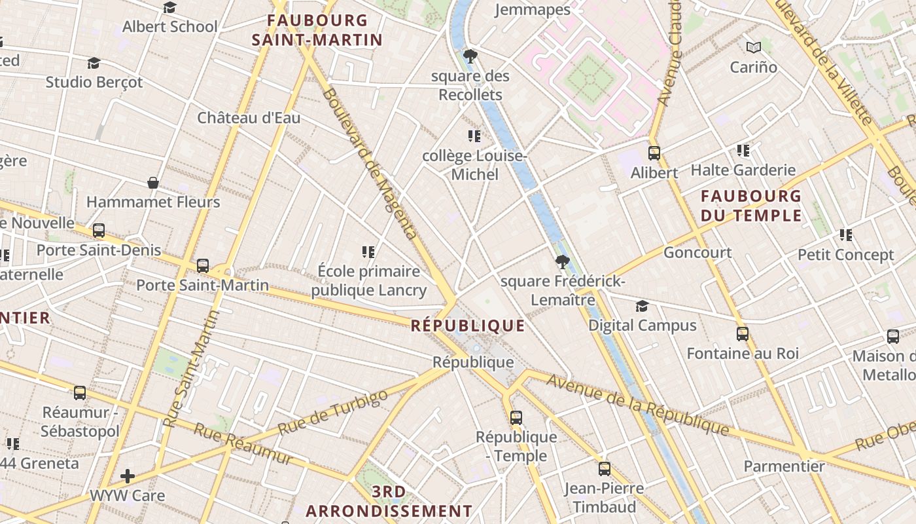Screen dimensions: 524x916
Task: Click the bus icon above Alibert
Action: pos(654,153)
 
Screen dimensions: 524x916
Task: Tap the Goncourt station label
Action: pos(697,252)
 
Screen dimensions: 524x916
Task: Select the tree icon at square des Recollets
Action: pos(470,56)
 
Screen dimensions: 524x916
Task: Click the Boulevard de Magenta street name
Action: pos(370,164)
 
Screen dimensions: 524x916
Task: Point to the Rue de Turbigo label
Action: pos(332,413)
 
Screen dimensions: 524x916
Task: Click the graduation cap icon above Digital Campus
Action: pos(642,307)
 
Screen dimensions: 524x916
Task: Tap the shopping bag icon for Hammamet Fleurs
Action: pos(153,183)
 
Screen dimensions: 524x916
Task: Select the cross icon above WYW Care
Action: pos(128,476)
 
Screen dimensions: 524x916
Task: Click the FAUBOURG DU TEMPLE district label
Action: pos(751,206)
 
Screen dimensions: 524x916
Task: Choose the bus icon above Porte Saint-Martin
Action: pos(203,266)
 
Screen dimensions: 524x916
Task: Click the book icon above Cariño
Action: pos(754,48)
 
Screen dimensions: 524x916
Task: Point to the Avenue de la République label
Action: pos(638,405)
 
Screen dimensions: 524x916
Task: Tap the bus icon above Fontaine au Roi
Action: pos(743,334)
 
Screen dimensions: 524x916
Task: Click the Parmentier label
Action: pos(784,466)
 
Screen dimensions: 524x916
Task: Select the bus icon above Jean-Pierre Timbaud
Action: pos(604,469)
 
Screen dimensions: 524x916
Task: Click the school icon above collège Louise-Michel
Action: pos(474,136)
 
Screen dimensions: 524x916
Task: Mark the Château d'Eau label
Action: pos(249,118)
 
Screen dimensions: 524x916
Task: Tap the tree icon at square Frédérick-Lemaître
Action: pos(561,263)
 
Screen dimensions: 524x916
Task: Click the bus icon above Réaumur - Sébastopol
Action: pos(80,393)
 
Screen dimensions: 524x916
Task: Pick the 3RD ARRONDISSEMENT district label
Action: pos(389,501)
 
